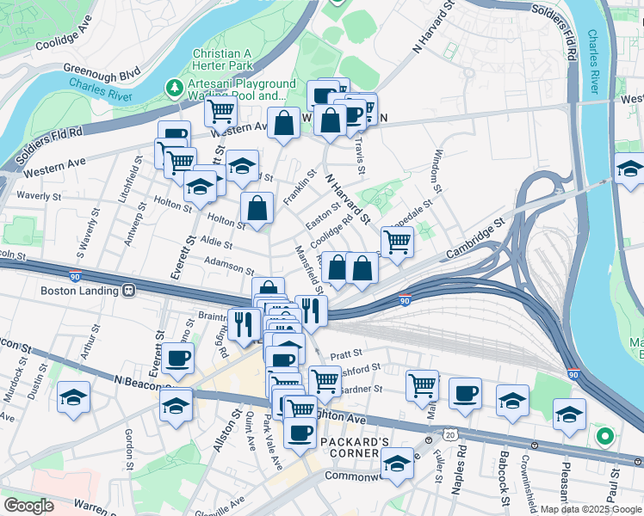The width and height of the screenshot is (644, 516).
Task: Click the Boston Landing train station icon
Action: (x=128, y=291)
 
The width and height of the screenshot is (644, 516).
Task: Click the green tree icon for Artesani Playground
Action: (x=175, y=87)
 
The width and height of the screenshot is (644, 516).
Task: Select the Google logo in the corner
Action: (x=28, y=506)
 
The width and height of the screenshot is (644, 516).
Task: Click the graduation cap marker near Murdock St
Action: (x=74, y=397)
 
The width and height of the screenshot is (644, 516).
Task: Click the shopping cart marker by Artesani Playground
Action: (x=221, y=110)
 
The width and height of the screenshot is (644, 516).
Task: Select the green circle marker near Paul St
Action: (x=604, y=437)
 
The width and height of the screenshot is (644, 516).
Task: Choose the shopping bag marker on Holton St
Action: (x=257, y=207)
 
